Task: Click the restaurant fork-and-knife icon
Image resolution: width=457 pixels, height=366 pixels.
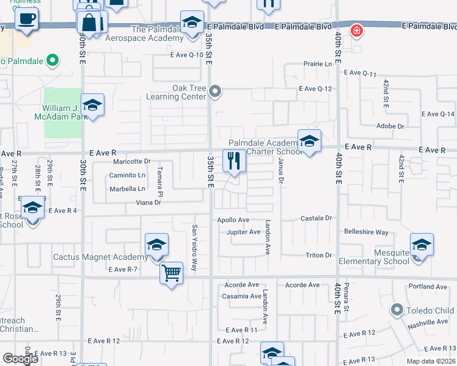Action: pyautogui.click(x=234, y=161)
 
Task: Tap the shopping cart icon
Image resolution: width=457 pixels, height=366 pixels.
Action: pyautogui.click(x=172, y=272)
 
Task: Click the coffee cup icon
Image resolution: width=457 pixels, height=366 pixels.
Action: pyautogui.click(x=26, y=18)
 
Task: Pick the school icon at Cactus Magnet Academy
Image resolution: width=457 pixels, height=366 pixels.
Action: pyautogui.click(x=157, y=245)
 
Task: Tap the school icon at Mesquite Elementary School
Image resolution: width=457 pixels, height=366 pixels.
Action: pyautogui.click(x=422, y=245)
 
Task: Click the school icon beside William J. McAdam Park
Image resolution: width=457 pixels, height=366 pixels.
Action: pyautogui.click(x=92, y=105)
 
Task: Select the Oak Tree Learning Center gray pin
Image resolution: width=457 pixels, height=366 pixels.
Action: pyautogui.click(x=214, y=92)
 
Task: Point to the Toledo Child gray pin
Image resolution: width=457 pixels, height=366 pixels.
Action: pyautogui.click(x=397, y=310)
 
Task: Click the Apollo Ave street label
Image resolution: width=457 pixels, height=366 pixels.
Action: pyautogui.click(x=232, y=220)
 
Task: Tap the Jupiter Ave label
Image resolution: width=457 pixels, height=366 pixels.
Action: pyautogui.click(x=243, y=232)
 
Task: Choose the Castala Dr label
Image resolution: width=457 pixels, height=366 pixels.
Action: pyautogui.click(x=315, y=218)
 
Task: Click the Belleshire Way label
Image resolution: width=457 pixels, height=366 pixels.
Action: pyautogui.click(x=366, y=232)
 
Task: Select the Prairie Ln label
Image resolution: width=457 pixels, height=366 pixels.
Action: pyautogui.click(x=320, y=64)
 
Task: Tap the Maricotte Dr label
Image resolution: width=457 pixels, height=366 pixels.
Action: pyautogui.click(x=131, y=162)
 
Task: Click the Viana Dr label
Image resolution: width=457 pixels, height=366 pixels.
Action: pyautogui.click(x=148, y=202)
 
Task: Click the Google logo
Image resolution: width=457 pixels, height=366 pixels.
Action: pyautogui.click(x=20, y=359)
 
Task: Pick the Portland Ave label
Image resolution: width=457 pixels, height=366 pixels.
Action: pyautogui.click(x=428, y=286)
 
